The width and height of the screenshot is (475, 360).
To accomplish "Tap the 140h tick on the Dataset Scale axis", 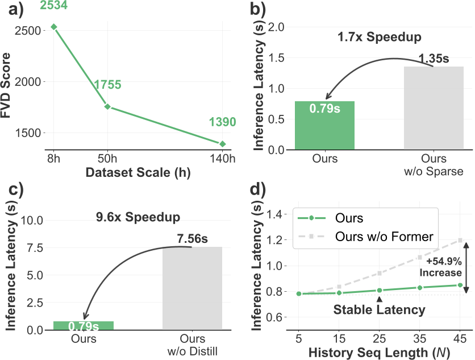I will pyautogui.click(x=223, y=158).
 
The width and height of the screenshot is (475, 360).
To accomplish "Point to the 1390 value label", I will pyautogui.click(x=222, y=122).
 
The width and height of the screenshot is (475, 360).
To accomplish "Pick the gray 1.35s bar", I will pyautogui.click(x=434, y=108).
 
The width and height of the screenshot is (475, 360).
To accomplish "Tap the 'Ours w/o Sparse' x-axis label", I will pyautogui.click(x=434, y=164).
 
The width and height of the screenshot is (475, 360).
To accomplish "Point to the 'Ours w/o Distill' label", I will pyautogui.click(x=193, y=345).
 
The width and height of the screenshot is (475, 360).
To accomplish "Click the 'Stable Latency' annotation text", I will pyautogui.click(x=379, y=310).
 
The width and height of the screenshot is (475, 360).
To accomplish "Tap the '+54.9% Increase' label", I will pyautogui.click(x=442, y=267).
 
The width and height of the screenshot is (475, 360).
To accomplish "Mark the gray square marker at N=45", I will pyautogui.click(x=460, y=240).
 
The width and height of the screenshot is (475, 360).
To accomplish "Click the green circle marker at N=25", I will pyautogui.click(x=380, y=290).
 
